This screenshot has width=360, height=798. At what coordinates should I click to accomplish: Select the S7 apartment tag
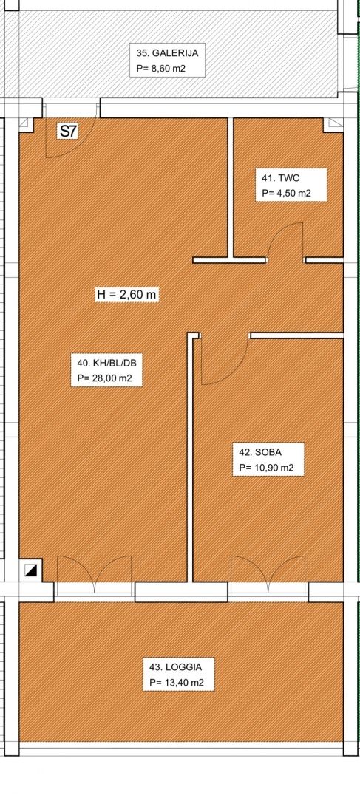tap(68, 132)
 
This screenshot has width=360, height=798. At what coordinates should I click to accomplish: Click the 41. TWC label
tap(280, 178)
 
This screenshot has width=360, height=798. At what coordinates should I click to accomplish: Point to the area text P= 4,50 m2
tap(286, 194)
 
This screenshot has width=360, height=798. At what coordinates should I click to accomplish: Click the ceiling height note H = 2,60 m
tap(127, 294)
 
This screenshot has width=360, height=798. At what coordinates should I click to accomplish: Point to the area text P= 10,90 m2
tap(266, 468)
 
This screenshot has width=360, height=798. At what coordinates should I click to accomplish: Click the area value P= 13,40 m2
tap(177, 683)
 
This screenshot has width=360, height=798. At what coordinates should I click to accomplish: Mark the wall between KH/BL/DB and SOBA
tap(190, 458)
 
